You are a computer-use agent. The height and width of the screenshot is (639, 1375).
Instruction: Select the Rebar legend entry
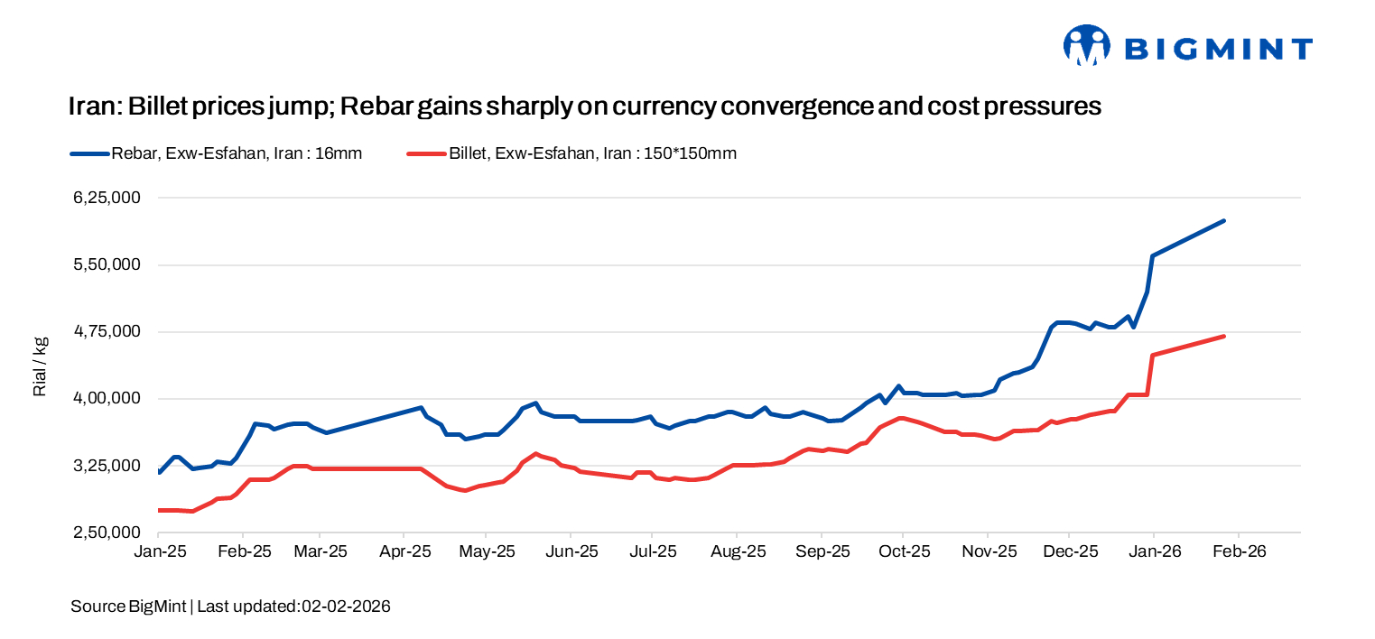coord(217,153)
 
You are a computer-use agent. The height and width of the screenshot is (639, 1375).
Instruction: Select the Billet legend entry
coord(571,153)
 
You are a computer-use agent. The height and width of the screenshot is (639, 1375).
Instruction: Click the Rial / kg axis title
coord(40,366)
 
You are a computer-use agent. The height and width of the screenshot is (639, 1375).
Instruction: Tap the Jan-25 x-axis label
coord(159,551)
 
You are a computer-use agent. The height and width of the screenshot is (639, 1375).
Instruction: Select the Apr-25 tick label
coord(404,551)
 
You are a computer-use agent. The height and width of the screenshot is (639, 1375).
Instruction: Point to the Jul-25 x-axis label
coord(653,551)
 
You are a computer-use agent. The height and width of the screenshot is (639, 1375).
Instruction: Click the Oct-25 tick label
coord(903,551)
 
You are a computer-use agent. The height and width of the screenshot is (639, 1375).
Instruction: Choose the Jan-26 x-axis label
coord(1153,551)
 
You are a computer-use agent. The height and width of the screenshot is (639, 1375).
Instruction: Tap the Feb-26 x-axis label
coord(1237,551)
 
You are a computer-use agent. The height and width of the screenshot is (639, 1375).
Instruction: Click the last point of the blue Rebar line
coord(1223,220)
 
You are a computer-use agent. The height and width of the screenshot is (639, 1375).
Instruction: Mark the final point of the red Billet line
coord(1223,337)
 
